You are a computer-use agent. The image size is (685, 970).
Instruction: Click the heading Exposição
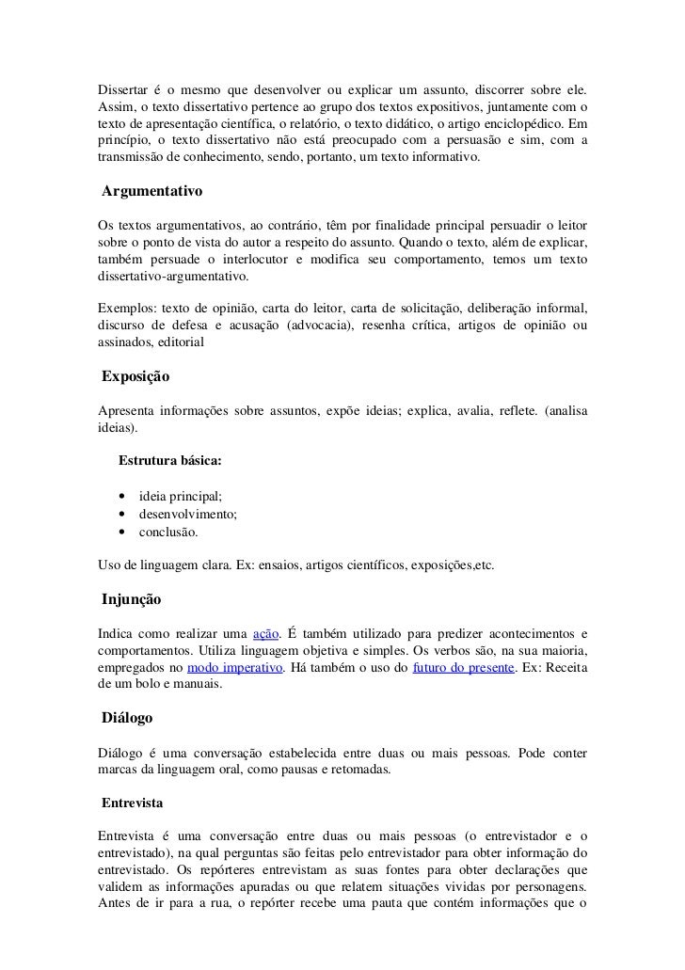tap(136, 376)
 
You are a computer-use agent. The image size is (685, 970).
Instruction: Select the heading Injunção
tap(133, 598)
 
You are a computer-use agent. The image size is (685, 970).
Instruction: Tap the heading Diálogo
tap(129, 718)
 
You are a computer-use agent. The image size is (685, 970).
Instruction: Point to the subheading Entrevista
tap(134, 805)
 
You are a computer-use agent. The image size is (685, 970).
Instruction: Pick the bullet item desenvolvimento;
tap(188, 515)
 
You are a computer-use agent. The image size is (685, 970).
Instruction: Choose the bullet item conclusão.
tap(168, 533)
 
